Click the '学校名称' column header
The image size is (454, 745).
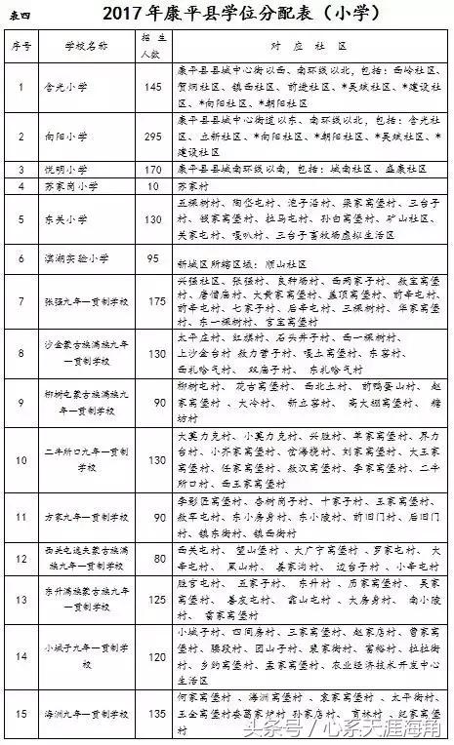(82, 46)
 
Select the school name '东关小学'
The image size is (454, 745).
(64, 219)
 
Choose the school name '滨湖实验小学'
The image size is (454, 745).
(70, 258)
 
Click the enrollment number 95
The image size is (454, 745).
(151, 258)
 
